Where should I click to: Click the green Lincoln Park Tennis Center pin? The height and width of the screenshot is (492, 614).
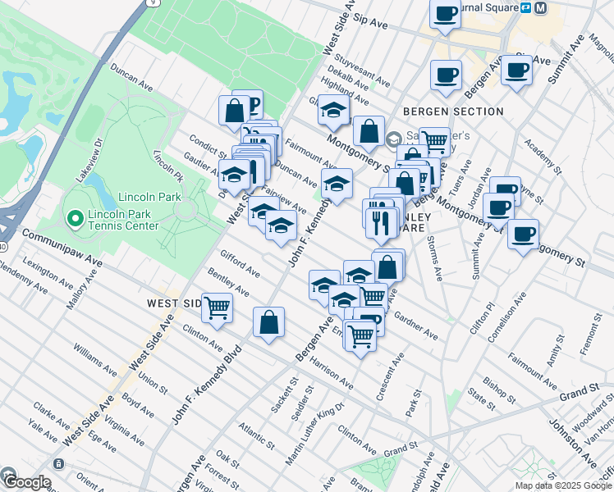[76, 217]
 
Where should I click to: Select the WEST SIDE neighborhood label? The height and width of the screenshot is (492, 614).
[174, 303]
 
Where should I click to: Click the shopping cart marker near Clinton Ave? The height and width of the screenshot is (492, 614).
[217, 308]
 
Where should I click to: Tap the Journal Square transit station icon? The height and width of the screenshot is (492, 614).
[540, 7]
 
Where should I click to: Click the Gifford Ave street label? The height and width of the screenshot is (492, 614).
[239, 262]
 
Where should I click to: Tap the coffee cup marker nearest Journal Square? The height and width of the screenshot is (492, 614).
[444, 13]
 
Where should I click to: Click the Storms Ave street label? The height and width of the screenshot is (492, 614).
[435, 258]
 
